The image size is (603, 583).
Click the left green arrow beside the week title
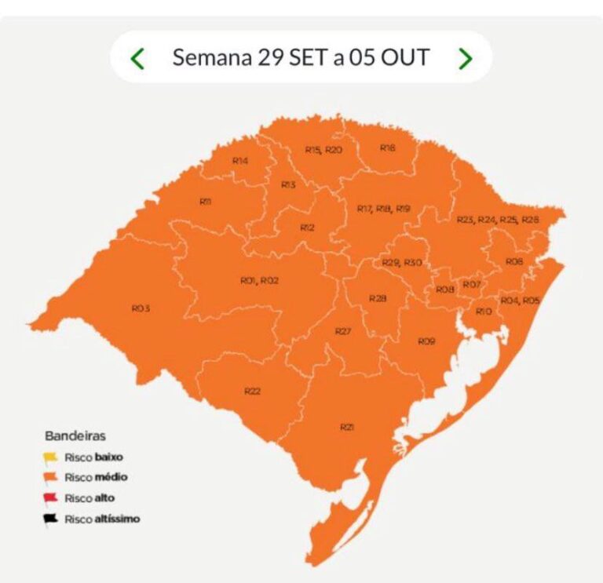[138, 58]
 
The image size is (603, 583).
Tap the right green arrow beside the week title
[465, 58]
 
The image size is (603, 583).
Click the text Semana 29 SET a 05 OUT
[301, 58]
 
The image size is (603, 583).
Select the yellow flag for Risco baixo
[51, 457]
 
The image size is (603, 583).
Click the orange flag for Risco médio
[51, 477]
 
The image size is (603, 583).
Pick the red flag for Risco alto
[51, 497]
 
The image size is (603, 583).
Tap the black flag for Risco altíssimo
[51, 519]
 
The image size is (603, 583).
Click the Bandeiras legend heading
[75, 435]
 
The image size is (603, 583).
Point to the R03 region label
[141, 308]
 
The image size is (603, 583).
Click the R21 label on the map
[347, 427]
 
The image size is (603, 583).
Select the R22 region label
[252, 391]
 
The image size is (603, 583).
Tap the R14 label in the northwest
[240, 160]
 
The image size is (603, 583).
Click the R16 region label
[387, 148]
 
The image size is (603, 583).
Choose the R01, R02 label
[259, 280]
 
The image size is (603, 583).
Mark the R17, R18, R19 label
[384, 209]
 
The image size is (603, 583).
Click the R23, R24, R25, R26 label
[498, 220]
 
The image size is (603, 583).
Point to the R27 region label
[342, 331]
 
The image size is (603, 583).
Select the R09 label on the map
[426, 341]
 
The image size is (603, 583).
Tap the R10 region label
[484, 312]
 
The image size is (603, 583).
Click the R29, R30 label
[402, 262]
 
